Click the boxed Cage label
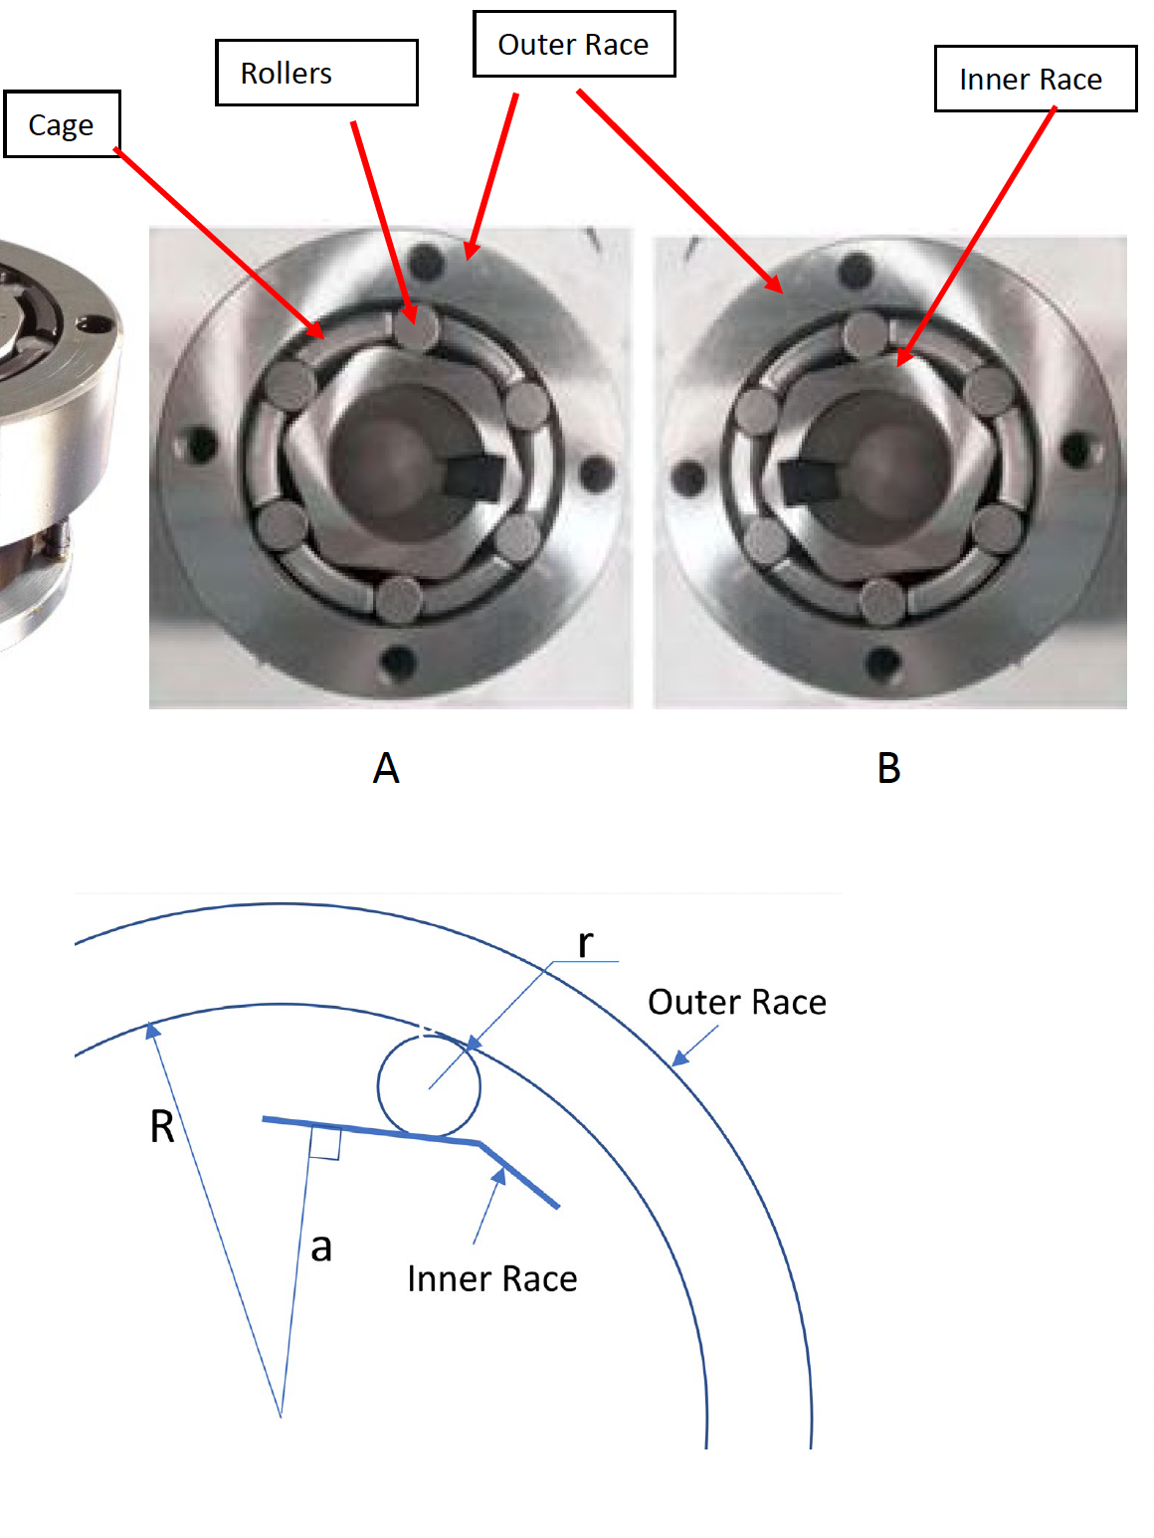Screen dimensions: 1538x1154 62,124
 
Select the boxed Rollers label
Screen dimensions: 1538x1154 316,73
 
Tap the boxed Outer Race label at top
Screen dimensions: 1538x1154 573,45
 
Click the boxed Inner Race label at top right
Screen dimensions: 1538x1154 1035,79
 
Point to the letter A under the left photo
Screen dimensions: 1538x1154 386,768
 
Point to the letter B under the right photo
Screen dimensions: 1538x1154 888,768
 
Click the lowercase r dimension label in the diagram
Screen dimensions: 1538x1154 586,942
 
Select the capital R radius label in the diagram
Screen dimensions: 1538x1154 162,1127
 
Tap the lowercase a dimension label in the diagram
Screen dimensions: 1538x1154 320,1247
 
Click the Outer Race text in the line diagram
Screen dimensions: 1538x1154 736,1002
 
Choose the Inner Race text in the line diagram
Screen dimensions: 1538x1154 492,1278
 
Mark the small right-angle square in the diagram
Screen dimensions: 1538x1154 325,1144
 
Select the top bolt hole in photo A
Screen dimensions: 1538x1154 427,263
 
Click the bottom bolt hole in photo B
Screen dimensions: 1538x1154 882,661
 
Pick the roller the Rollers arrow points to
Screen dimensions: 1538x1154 416,328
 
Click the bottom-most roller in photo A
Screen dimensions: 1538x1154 400,599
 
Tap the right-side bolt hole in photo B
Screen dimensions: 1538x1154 1076,450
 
